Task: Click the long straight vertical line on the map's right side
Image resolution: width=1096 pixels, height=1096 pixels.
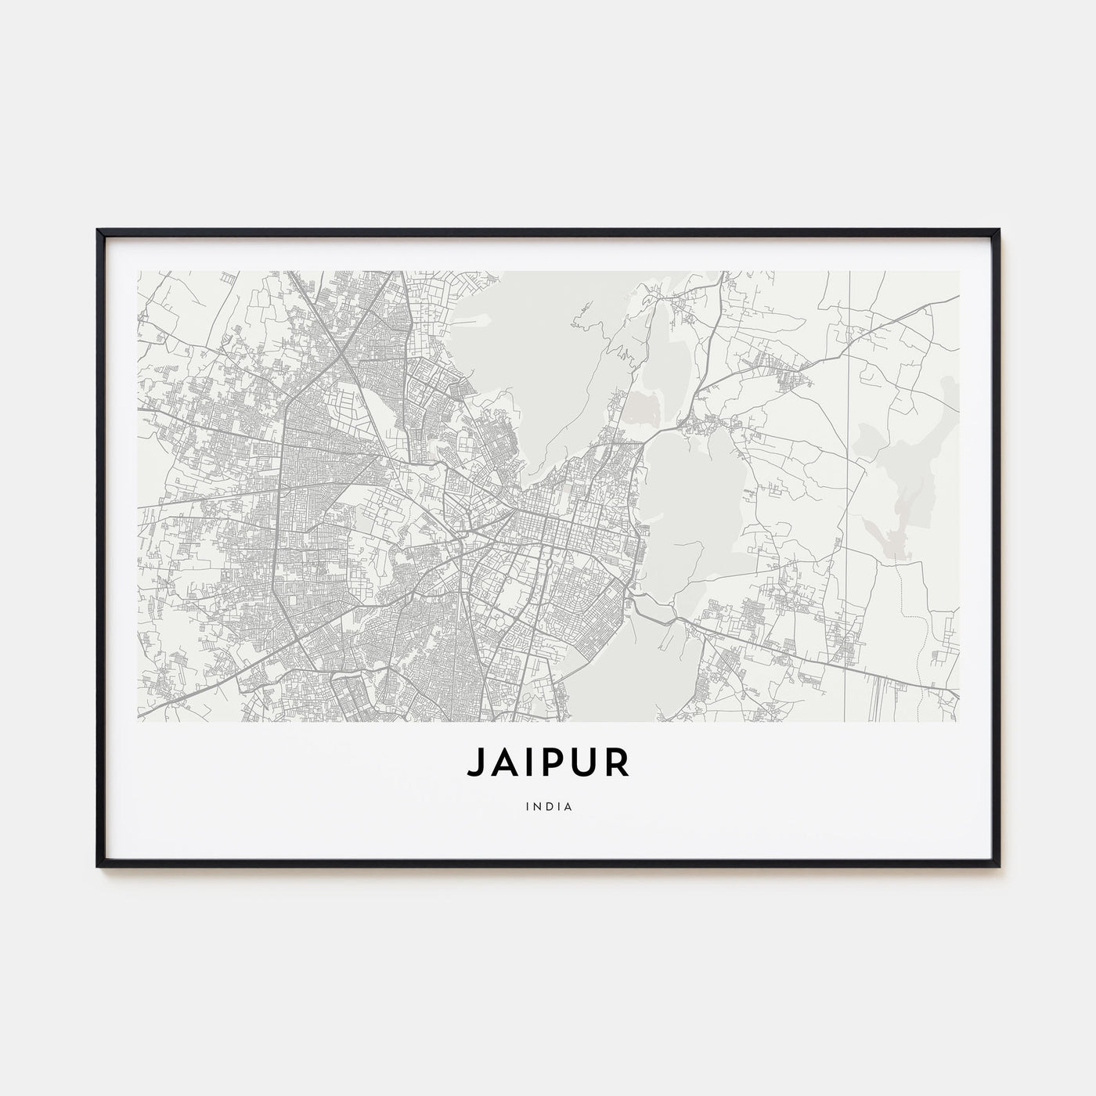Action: point(849,470)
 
